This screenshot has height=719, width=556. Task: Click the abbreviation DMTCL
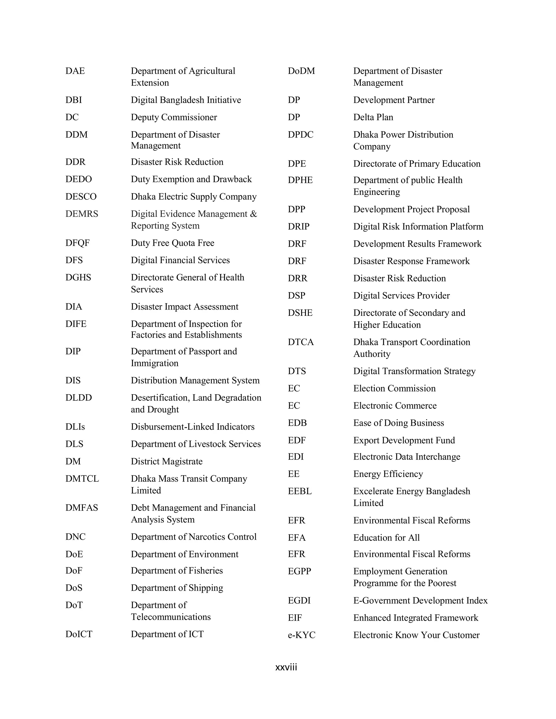[x=82, y=478]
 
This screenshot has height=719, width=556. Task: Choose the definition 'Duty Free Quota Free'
[x=172, y=243]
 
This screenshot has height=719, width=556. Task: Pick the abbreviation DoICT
[x=79, y=634]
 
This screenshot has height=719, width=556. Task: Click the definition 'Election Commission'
[x=394, y=388]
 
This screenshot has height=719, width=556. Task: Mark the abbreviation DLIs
[x=75, y=427]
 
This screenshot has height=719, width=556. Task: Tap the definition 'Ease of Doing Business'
[x=399, y=423]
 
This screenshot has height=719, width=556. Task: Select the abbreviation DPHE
[x=300, y=180]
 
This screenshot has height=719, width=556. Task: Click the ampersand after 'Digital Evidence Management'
[x=253, y=214]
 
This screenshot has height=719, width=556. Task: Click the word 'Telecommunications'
[x=170, y=617]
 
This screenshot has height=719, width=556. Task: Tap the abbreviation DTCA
[x=301, y=342]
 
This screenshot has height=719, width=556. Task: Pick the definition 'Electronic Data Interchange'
[x=406, y=457]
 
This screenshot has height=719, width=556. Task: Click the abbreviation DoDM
[x=301, y=71]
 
